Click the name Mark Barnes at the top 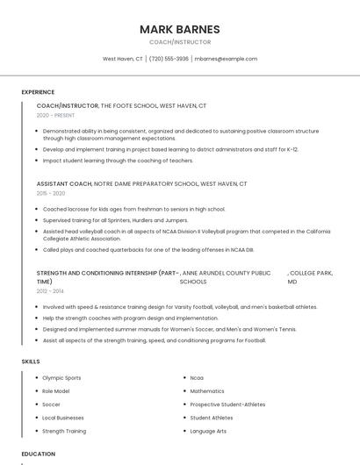(x=179, y=29)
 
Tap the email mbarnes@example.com (x=226, y=59)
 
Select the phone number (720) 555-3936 (x=169, y=59)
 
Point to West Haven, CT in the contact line (x=123, y=59)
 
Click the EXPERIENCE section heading (x=38, y=92)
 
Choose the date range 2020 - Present (x=55, y=115)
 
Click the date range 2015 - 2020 (x=51, y=193)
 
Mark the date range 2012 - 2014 (x=50, y=290)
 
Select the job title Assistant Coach (x=64, y=184)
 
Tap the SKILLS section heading (x=31, y=361)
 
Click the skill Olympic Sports (x=61, y=378)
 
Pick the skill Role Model (x=56, y=391)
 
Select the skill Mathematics (x=207, y=391)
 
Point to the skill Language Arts (x=208, y=432)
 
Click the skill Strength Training (x=64, y=432)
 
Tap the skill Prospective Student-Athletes (x=227, y=404)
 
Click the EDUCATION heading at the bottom (x=38, y=454)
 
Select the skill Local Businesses (x=63, y=418)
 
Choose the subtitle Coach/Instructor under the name (x=179, y=42)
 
